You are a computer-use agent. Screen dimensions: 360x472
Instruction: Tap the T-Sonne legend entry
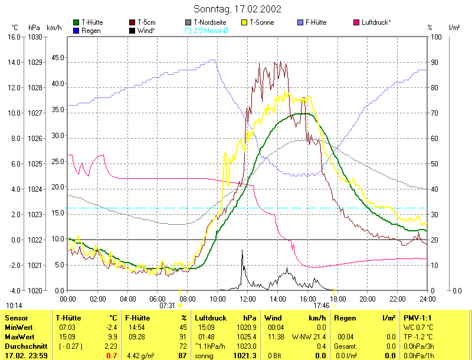(x=261, y=22)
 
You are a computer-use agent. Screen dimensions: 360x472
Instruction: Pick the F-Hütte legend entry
(x=323, y=22)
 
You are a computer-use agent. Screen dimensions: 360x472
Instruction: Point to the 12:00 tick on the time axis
(x=247, y=299)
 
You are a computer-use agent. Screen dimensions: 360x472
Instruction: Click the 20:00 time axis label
(x=367, y=299)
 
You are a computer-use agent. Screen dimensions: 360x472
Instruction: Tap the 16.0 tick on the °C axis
(x=13, y=37)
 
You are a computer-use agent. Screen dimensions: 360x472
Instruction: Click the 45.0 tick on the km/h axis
(x=57, y=58)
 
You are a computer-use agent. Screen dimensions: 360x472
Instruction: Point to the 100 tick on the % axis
(x=437, y=37)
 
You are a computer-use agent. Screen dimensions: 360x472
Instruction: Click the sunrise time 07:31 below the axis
(x=167, y=306)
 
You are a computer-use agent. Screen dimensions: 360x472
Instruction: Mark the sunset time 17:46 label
(x=322, y=306)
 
